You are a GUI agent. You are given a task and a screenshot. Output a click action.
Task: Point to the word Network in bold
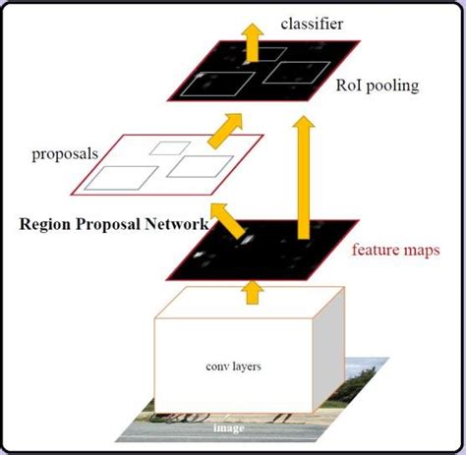click(x=176, y=224)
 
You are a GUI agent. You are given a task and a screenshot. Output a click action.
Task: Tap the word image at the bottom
click(x=229, y=428)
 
